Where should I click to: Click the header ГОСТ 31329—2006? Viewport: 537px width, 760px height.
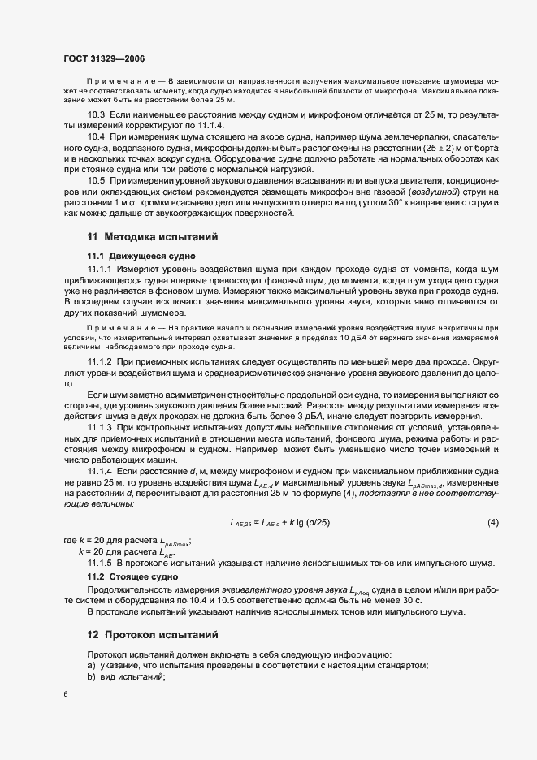click(x=104, y=58)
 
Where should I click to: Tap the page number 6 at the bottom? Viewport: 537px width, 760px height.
click(x=65, y=695)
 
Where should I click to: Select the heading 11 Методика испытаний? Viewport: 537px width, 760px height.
click(x=150, y=236)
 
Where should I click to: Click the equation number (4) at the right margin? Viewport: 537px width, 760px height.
click(x=492, y=522)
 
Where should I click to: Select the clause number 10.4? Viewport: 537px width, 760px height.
click(x=96, y=138)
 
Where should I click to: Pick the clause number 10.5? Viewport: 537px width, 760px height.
click(x=96, y=179)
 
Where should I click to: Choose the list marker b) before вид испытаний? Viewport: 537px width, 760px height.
click(x=91, y=677)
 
